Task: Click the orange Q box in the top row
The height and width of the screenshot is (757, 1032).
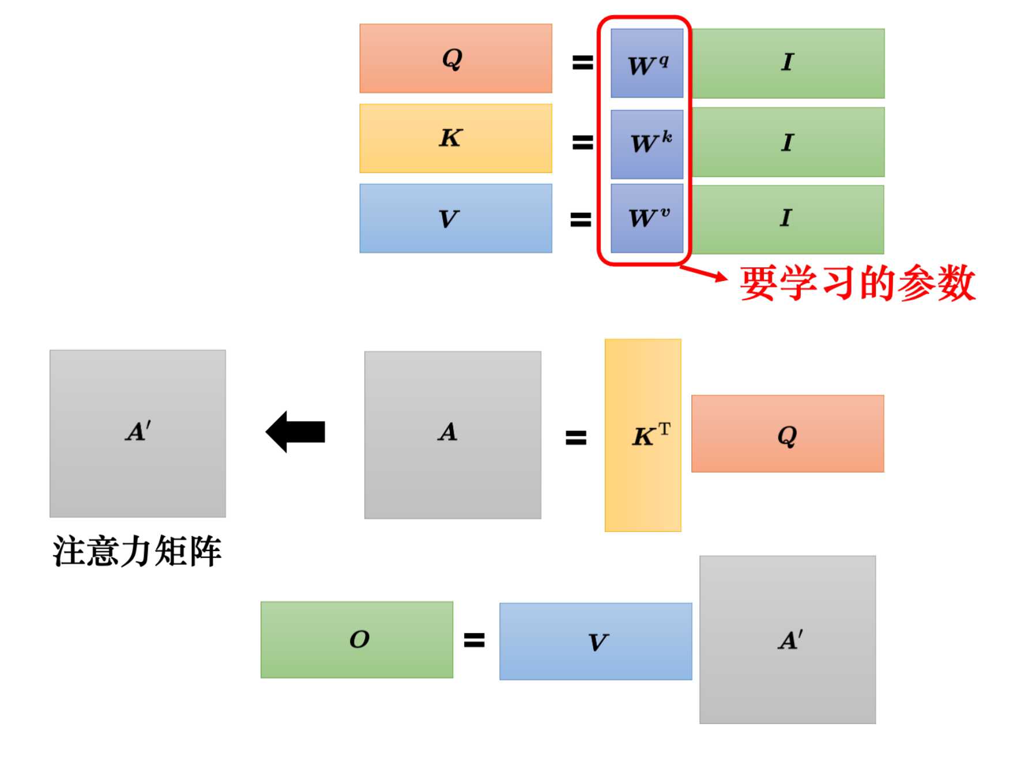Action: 455,58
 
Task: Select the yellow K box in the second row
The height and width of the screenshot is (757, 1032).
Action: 455,138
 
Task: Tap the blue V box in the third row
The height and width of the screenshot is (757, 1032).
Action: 455,218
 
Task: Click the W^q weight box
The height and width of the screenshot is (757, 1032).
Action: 647,63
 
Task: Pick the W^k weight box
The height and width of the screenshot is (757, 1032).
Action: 647,144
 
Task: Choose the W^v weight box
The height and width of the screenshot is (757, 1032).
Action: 647,218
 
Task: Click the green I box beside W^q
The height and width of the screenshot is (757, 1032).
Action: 788,63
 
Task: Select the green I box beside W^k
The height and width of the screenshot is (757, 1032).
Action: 788,142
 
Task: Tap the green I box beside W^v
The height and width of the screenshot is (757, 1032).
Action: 788,219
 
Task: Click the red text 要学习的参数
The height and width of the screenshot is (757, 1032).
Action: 858,283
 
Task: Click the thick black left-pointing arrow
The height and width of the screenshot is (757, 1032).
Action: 295,432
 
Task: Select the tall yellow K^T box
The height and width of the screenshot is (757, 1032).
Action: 643,435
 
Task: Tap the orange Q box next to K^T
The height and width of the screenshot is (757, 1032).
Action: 788,434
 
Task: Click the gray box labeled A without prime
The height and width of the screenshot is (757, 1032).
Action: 453,435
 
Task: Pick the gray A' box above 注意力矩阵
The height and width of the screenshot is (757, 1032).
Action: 138,433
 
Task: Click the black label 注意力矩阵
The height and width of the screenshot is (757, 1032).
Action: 137,551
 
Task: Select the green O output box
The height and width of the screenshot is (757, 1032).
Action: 357,640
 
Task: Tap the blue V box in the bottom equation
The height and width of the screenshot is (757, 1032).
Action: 596,642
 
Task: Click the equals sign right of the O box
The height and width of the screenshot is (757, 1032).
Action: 474,640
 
